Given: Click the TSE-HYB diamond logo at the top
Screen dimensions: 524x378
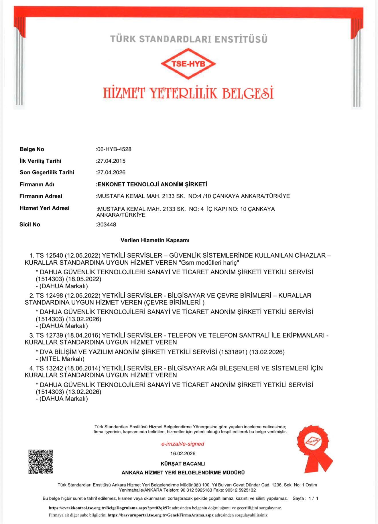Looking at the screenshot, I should (188, 64).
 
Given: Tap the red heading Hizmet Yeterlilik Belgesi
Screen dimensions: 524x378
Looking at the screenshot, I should (188, 93).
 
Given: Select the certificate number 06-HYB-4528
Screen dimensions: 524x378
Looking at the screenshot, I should (114, 149).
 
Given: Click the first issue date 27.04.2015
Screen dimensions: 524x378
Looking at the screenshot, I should (111, 161).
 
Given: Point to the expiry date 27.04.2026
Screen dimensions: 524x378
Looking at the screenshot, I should (111, 172).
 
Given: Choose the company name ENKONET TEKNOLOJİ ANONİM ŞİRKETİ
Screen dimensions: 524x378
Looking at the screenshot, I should (152, 184).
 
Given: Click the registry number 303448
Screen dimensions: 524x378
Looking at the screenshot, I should (107, 224).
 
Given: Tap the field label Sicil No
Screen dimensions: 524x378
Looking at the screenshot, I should (30, 224).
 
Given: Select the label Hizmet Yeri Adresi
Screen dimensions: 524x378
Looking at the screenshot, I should (44, 208).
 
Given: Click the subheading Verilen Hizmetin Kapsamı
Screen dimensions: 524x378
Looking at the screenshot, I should (155, 240).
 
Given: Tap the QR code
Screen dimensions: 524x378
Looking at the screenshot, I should (40, 462).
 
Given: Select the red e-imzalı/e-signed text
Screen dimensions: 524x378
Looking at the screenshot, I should (183, 444).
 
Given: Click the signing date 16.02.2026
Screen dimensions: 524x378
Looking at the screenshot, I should (183, 453).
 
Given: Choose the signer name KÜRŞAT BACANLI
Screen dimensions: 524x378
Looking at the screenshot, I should (183, 463).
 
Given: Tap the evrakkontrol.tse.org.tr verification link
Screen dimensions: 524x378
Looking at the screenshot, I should (110, 508).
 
